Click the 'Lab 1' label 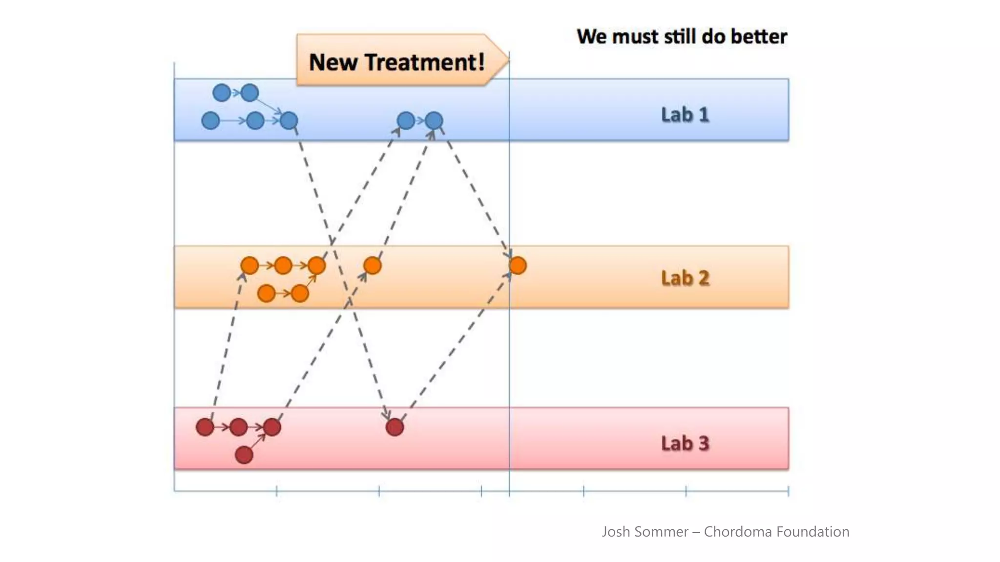(685, 115)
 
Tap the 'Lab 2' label (685, 278)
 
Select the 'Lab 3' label (685, 443)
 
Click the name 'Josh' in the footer (616, 531)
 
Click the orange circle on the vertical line (518, 266)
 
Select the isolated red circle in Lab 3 (395, 427)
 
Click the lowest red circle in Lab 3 (244, 455)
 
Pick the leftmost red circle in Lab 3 (205, 427)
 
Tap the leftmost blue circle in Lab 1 (210, 120)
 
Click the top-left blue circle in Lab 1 (222, 93)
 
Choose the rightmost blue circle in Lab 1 (434, 120)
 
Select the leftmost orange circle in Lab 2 (250, 266)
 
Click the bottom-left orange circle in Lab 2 (266, 294)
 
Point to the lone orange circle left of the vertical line (372, 266)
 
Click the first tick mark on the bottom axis (277, 491)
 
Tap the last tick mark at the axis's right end (788, 491)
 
